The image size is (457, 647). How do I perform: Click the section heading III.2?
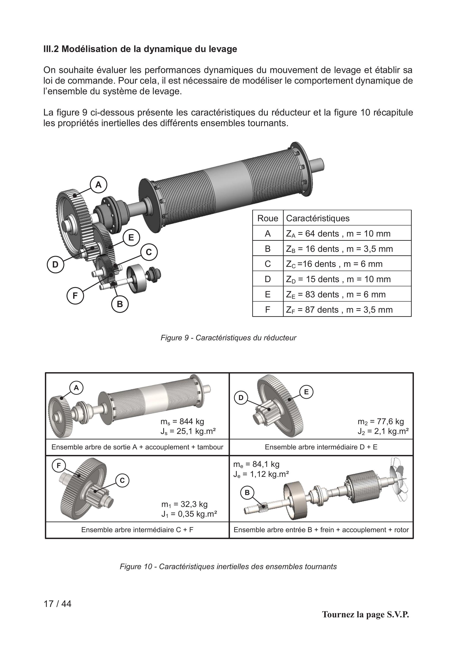[x=140, y=49]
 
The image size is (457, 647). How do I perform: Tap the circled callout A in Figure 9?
[x=98, y=185]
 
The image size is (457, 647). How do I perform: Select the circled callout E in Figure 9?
[x=131, y=238]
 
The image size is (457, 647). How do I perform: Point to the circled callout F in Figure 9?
[x=75, y=296]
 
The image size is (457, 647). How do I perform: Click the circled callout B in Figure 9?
[x=120, y=304]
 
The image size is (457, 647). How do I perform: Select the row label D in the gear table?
[x=268, y=279]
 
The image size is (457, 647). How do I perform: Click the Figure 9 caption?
[x=228, y=338]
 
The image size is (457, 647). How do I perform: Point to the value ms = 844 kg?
[x=182, y=422]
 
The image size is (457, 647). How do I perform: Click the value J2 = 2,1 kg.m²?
[x=383, y=431]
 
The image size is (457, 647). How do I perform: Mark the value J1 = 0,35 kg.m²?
[x=189, y=514]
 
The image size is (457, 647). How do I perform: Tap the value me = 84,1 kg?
[x=256, y=464]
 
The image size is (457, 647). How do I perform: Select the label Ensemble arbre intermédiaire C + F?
[x=137, y=530]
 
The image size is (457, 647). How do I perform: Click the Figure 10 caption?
[x=228, y=566]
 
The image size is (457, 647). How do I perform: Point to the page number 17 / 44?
[x=58, y=604]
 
